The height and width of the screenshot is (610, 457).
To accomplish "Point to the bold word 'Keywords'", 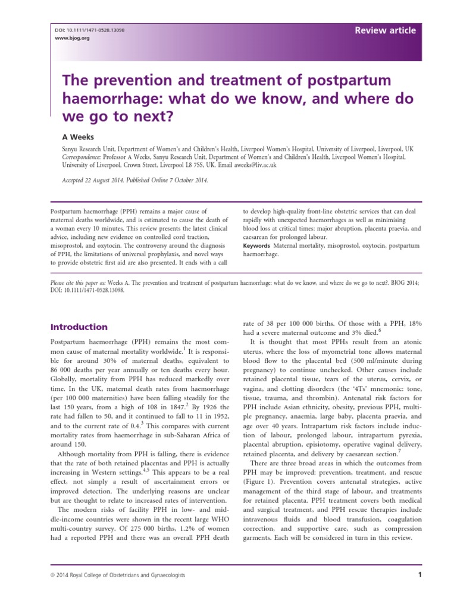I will point(256,245).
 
